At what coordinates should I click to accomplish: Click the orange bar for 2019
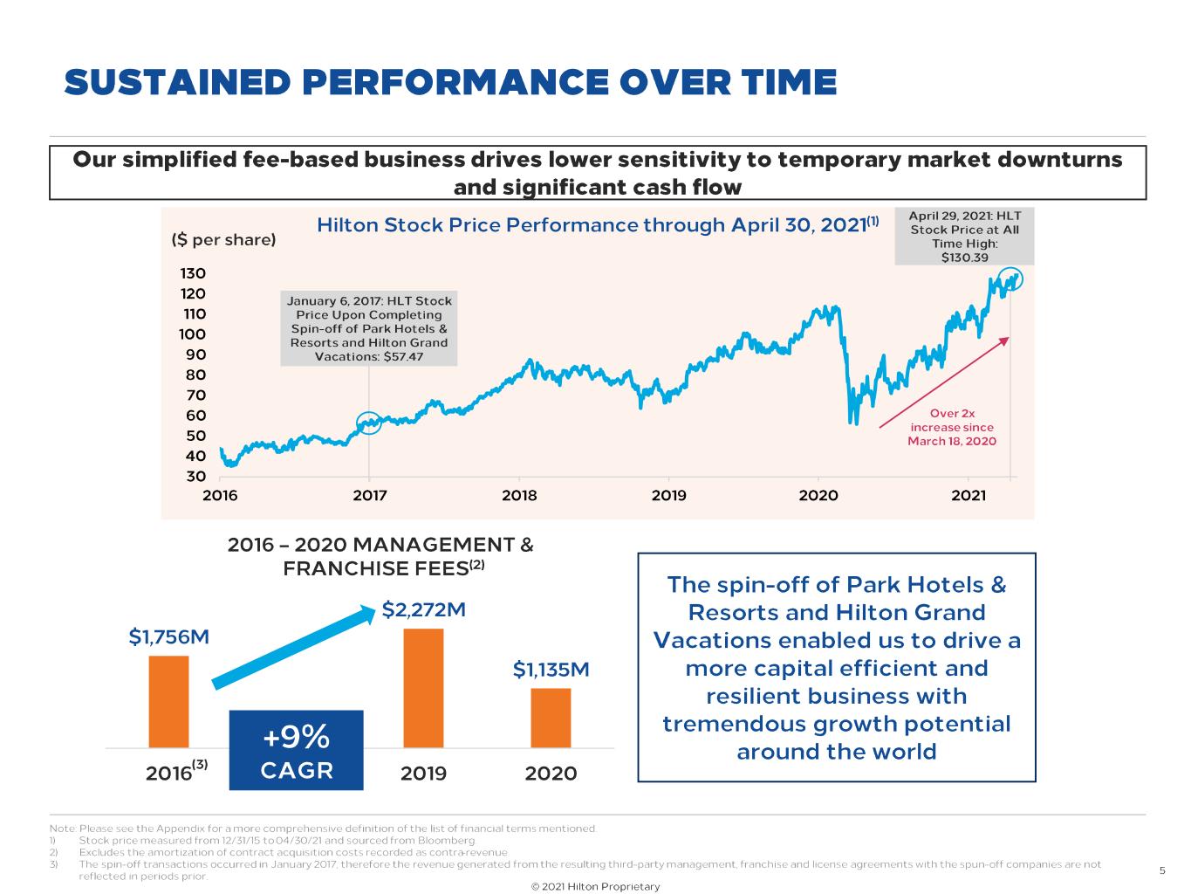[x=423, y=688]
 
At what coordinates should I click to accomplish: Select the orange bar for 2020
[x=551, y=718]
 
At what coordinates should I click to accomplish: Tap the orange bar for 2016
[x=168, y=701]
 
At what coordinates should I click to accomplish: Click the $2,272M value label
[x=424, y=609]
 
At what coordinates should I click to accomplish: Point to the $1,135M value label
[x=551, y=670]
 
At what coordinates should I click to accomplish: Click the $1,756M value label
[x=169, y=636]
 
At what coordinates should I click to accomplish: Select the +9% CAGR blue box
[x=296, y=750]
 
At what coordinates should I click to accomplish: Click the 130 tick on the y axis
[x=194, y=273]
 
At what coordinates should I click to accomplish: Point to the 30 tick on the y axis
[x=195, y=477]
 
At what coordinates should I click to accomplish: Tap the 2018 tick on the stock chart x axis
[x=519, y=495]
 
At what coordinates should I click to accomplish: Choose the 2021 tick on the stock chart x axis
[x=968, y=495]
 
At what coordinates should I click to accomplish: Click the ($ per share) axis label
[x=223, y=239]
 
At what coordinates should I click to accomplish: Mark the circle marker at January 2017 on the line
[x=369, y=423]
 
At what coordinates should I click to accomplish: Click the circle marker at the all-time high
[x=1011, y=279]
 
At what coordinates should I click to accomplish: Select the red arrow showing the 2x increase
[x=943, y=382]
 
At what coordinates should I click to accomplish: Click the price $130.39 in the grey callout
[x=964, y=258]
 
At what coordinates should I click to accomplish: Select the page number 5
[x=1162, y=870]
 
